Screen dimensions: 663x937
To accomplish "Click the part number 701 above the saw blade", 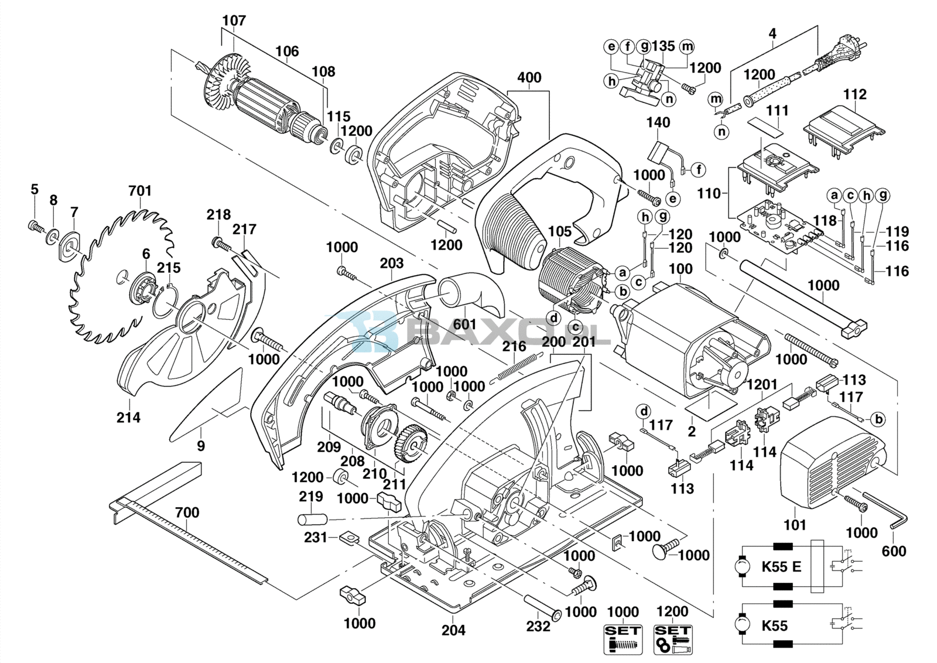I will [x=140, y=191].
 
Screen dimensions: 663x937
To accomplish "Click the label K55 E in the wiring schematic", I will [x=781, y=567].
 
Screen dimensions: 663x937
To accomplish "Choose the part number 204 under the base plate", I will [x=453, y=630].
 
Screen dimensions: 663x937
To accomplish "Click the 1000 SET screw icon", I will [x=623, y=639].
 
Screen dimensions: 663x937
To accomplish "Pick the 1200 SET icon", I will [x=672, y=639].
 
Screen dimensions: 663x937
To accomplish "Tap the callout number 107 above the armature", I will [x=234, y=20].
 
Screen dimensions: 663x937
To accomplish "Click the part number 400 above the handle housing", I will [x=529, y=78].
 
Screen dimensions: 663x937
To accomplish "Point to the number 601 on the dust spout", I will [x=465, y=324].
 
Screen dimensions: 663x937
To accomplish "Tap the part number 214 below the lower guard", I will [x=128, y=418].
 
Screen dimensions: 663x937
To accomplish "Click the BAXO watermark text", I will [x=504, y=334].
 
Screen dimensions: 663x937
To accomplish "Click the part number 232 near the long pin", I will [x=538, y=626].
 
